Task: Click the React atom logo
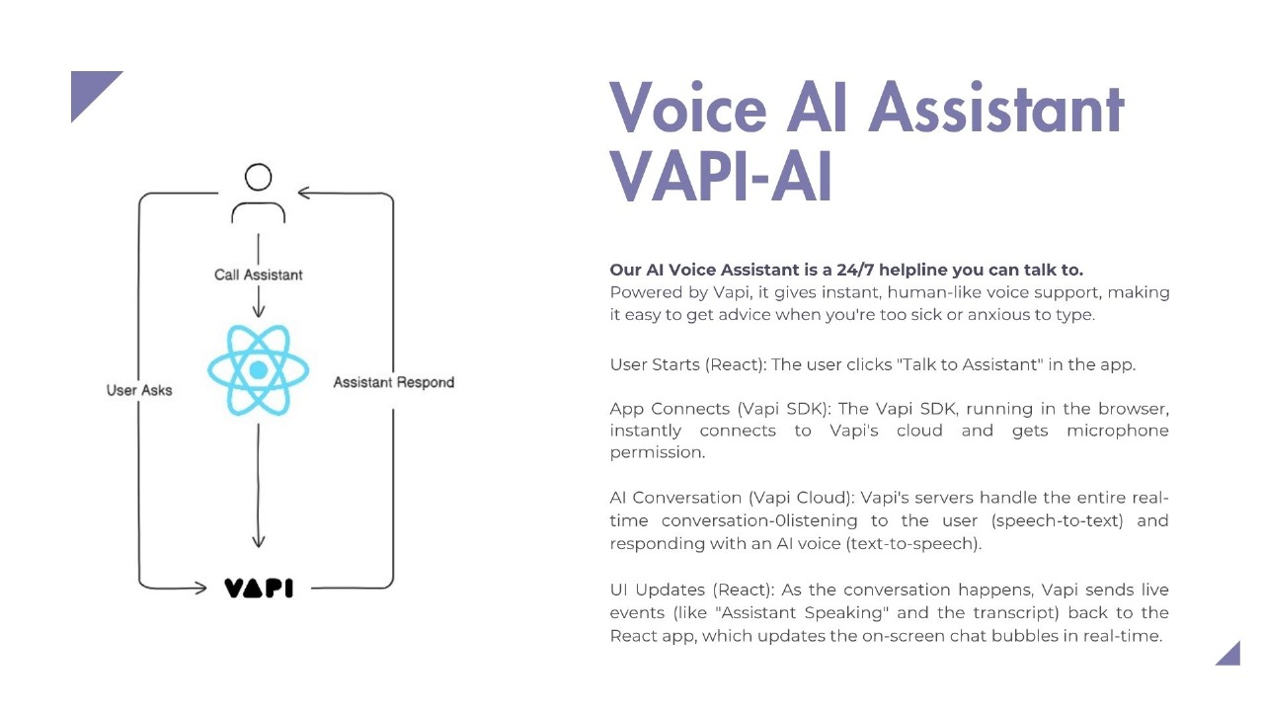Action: tap(259, 370)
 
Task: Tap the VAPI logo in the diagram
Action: tap(259, 589)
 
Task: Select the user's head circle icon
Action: tap(259, 178)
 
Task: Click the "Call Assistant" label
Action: tap(259, 275)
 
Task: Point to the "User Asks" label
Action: tap(139, 390)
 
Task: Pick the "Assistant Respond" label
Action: tap(393, 382)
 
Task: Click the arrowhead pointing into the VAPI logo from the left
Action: tap(202, 589)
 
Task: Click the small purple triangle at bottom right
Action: tap(1230, 656)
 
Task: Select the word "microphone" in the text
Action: tap(1117, 431)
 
